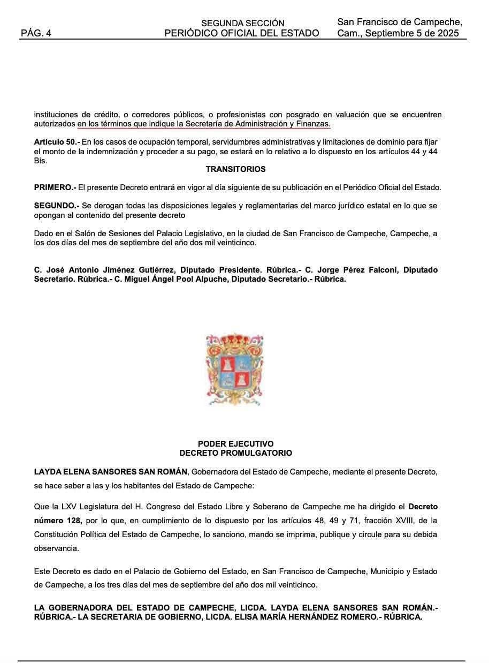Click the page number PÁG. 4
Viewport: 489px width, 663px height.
[x=36, y=33]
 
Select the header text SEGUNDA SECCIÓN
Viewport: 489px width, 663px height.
[x=242, y=24]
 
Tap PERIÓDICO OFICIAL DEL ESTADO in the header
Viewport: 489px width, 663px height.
[x=242, y=33]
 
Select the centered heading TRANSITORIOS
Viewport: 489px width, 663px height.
[x=235, y=169]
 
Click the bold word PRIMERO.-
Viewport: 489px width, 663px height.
[x=55, y=187]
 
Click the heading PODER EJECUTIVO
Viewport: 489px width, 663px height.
[x=235, y=444]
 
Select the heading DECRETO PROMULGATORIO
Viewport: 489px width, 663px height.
[x=235, y=453]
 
